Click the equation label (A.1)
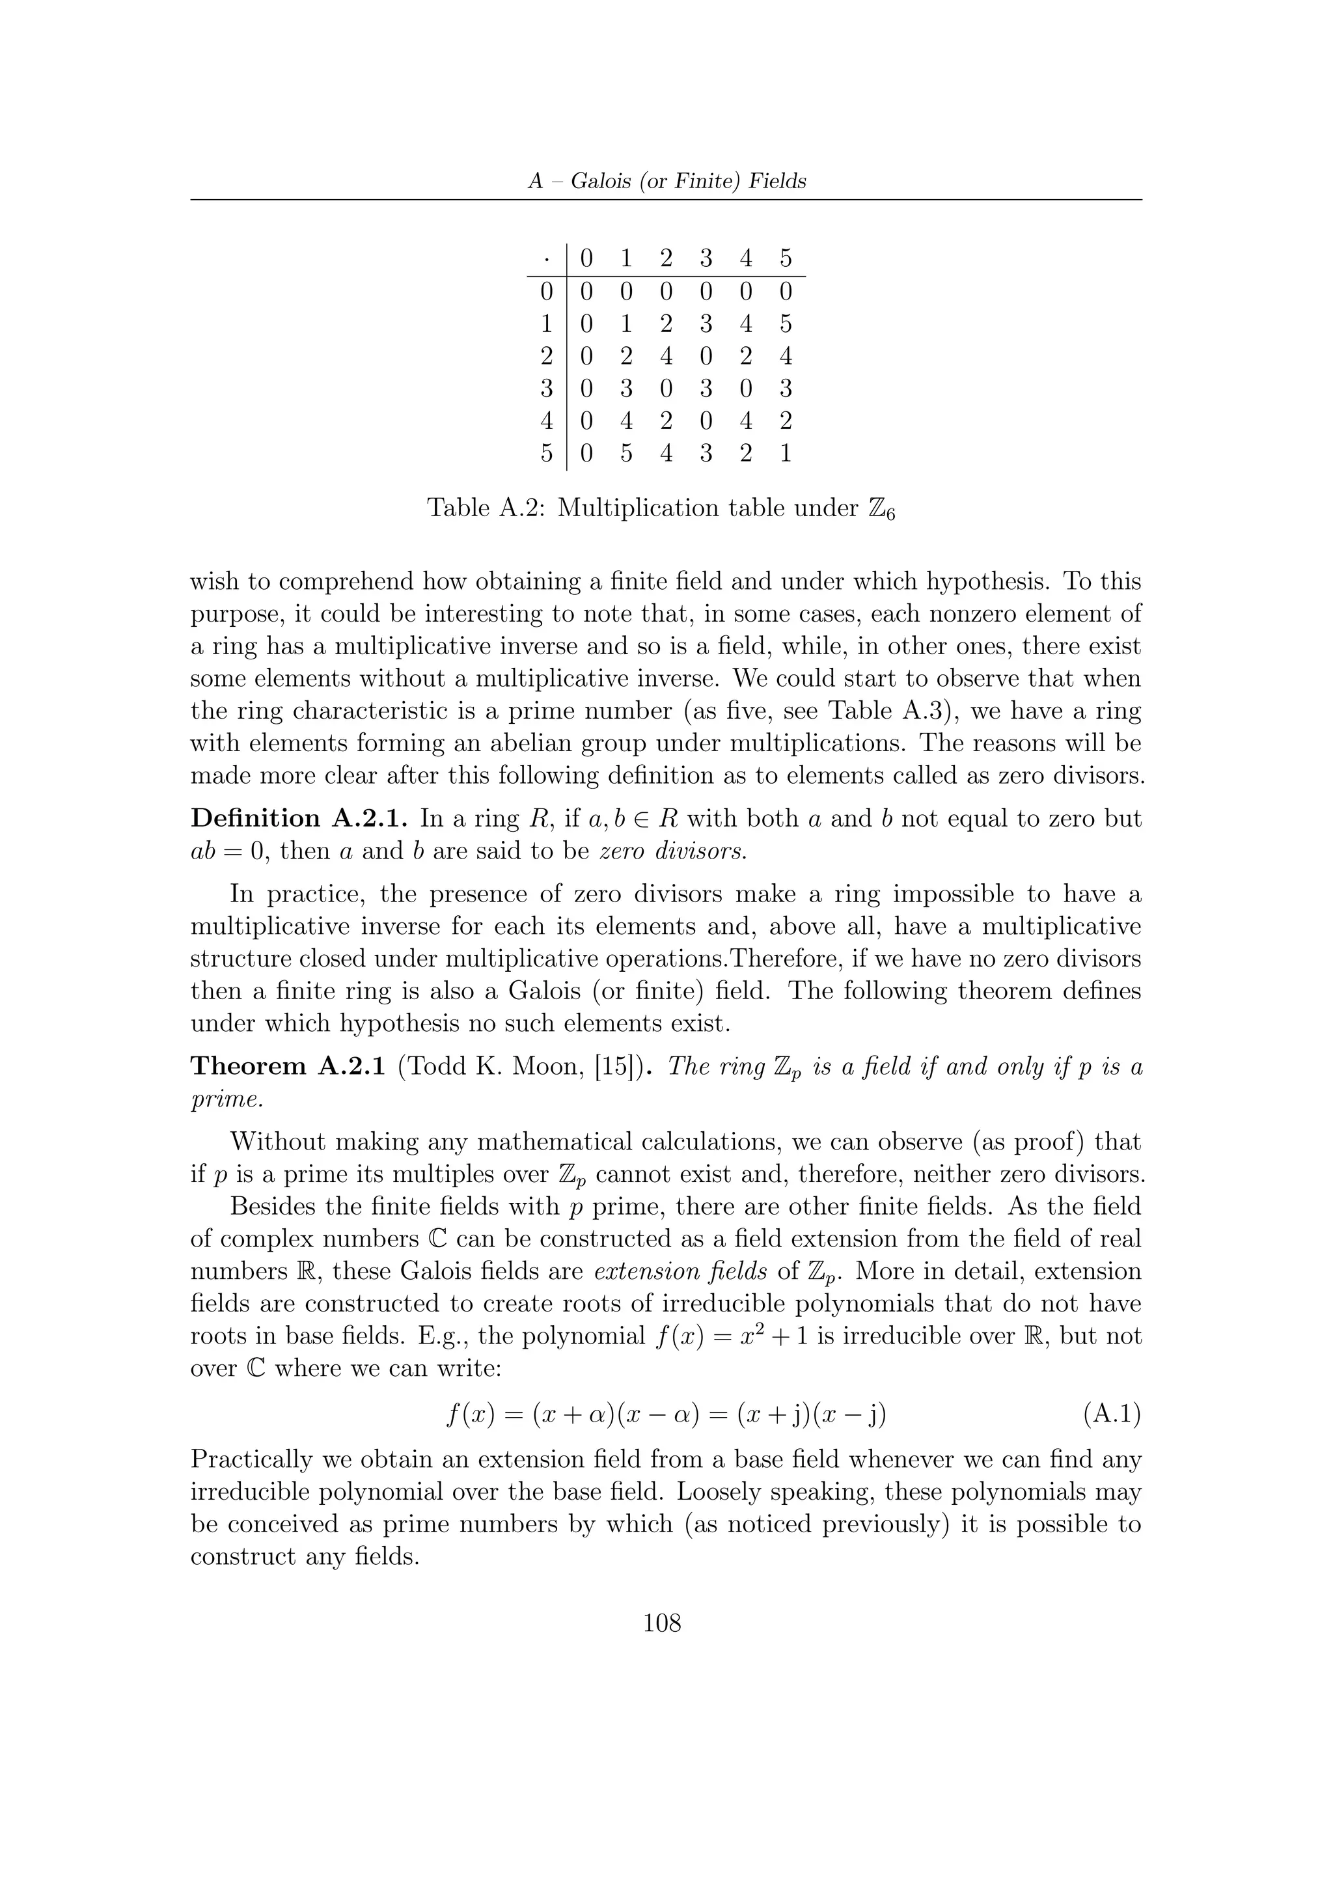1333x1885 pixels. (x=1112, y=1414)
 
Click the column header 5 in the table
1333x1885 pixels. (x=786, y=258)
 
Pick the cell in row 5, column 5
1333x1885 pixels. (x=786, y=452)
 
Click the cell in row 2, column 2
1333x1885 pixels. (x=666, y=355)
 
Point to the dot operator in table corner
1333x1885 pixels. (x=547, y=258)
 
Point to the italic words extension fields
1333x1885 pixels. (x=680, y=1272)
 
